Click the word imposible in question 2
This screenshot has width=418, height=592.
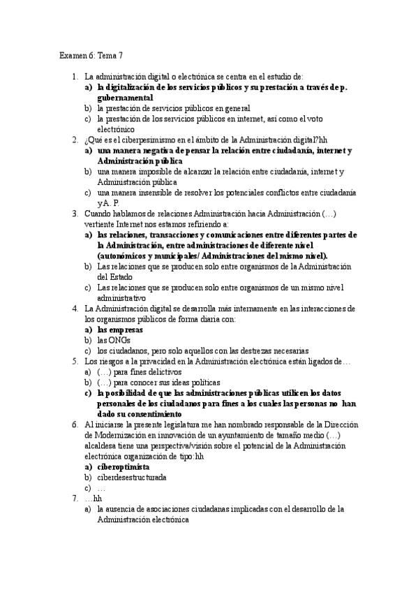(151, 171)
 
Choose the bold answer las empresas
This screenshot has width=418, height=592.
(120, 330)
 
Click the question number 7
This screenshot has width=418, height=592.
(75, 498)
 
